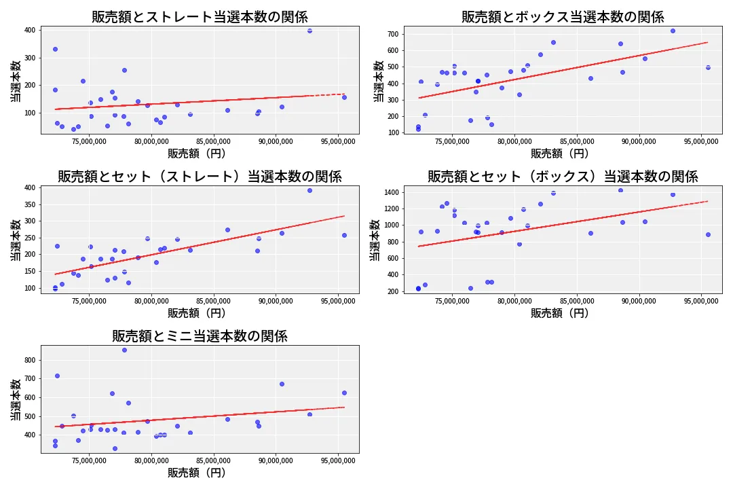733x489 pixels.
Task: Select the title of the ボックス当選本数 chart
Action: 563,17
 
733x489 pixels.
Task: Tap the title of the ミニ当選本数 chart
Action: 200,336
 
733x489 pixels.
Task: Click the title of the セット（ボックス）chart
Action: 563,177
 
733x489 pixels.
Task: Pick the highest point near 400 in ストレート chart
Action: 309,31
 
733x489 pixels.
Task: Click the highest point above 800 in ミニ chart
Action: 124,350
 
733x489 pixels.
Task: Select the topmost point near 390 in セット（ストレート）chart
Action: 309,190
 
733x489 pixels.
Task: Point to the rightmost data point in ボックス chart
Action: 708,67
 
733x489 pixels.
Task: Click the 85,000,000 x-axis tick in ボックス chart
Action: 577,142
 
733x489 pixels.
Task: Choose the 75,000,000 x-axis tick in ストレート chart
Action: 90,142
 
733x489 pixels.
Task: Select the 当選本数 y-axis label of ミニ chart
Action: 15,399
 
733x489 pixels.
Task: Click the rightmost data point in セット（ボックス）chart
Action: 708,234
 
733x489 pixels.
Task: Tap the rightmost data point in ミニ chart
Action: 344,393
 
